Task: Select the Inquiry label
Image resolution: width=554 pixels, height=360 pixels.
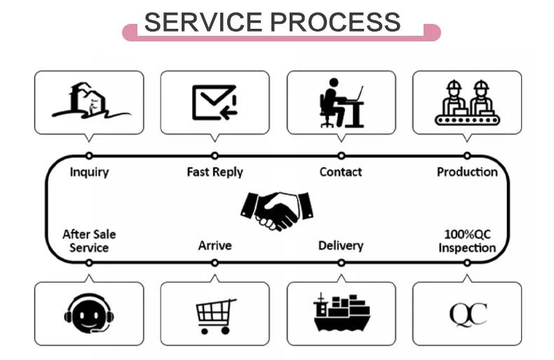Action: pos(89,172)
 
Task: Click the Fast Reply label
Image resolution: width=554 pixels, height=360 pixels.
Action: pos(215,172)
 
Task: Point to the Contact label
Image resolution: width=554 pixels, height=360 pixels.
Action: pos(341,172)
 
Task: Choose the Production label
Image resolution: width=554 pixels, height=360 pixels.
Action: pos(467,172)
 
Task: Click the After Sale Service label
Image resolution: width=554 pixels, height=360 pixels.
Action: pos(89,241)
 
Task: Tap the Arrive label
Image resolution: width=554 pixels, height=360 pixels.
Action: pos(215,246)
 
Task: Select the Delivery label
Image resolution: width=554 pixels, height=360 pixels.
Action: pos(341,246)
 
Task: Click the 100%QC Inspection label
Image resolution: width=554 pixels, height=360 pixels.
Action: pos(467,241)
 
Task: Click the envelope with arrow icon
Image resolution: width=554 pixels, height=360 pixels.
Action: pos(215,102)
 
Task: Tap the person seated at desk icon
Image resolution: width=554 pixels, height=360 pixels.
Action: pos(341,102)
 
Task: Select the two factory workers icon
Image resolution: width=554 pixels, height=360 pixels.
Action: pos(467,102)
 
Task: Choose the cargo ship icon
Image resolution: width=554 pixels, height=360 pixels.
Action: pos(341,313)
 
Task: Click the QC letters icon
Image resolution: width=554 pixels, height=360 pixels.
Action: pos(468,314)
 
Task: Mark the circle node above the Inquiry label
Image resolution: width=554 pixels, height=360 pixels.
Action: pos(89,156)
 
